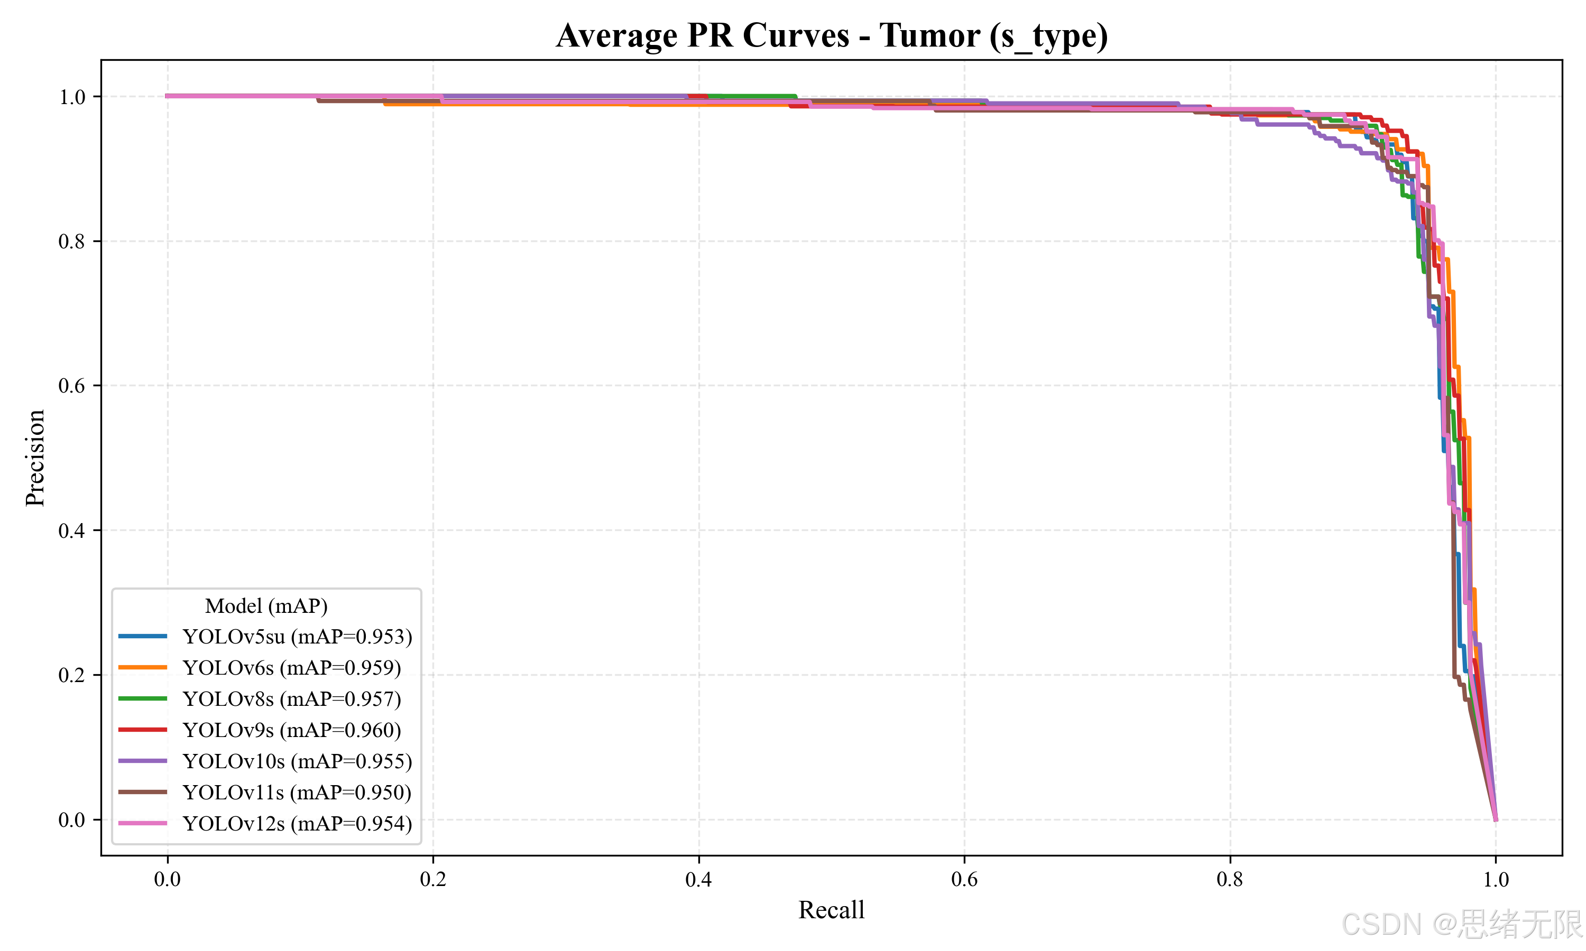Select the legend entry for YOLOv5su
265,636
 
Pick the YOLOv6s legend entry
260,668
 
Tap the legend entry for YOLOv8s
260,698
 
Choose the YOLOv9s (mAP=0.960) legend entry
260,730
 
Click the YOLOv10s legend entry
265,761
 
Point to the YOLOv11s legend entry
265,792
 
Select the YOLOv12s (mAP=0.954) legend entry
265,824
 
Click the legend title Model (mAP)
266,605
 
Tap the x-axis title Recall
832,910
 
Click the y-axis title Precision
35,458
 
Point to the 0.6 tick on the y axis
72,386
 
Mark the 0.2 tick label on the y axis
72,675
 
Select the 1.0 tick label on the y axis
72,97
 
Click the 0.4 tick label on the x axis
699,879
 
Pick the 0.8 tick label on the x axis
1230,879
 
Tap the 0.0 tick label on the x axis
167,879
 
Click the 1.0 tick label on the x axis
1496,879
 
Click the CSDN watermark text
1462,924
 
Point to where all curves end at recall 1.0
1496,819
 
